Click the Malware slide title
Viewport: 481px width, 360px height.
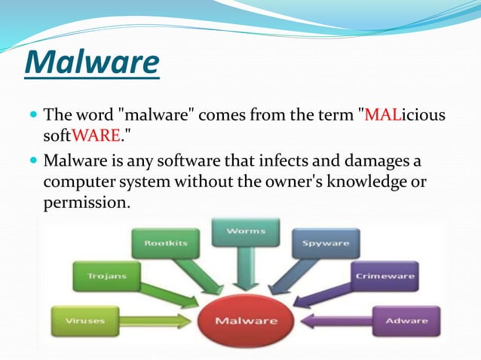(91, 64)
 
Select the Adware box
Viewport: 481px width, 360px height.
(405, 321)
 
